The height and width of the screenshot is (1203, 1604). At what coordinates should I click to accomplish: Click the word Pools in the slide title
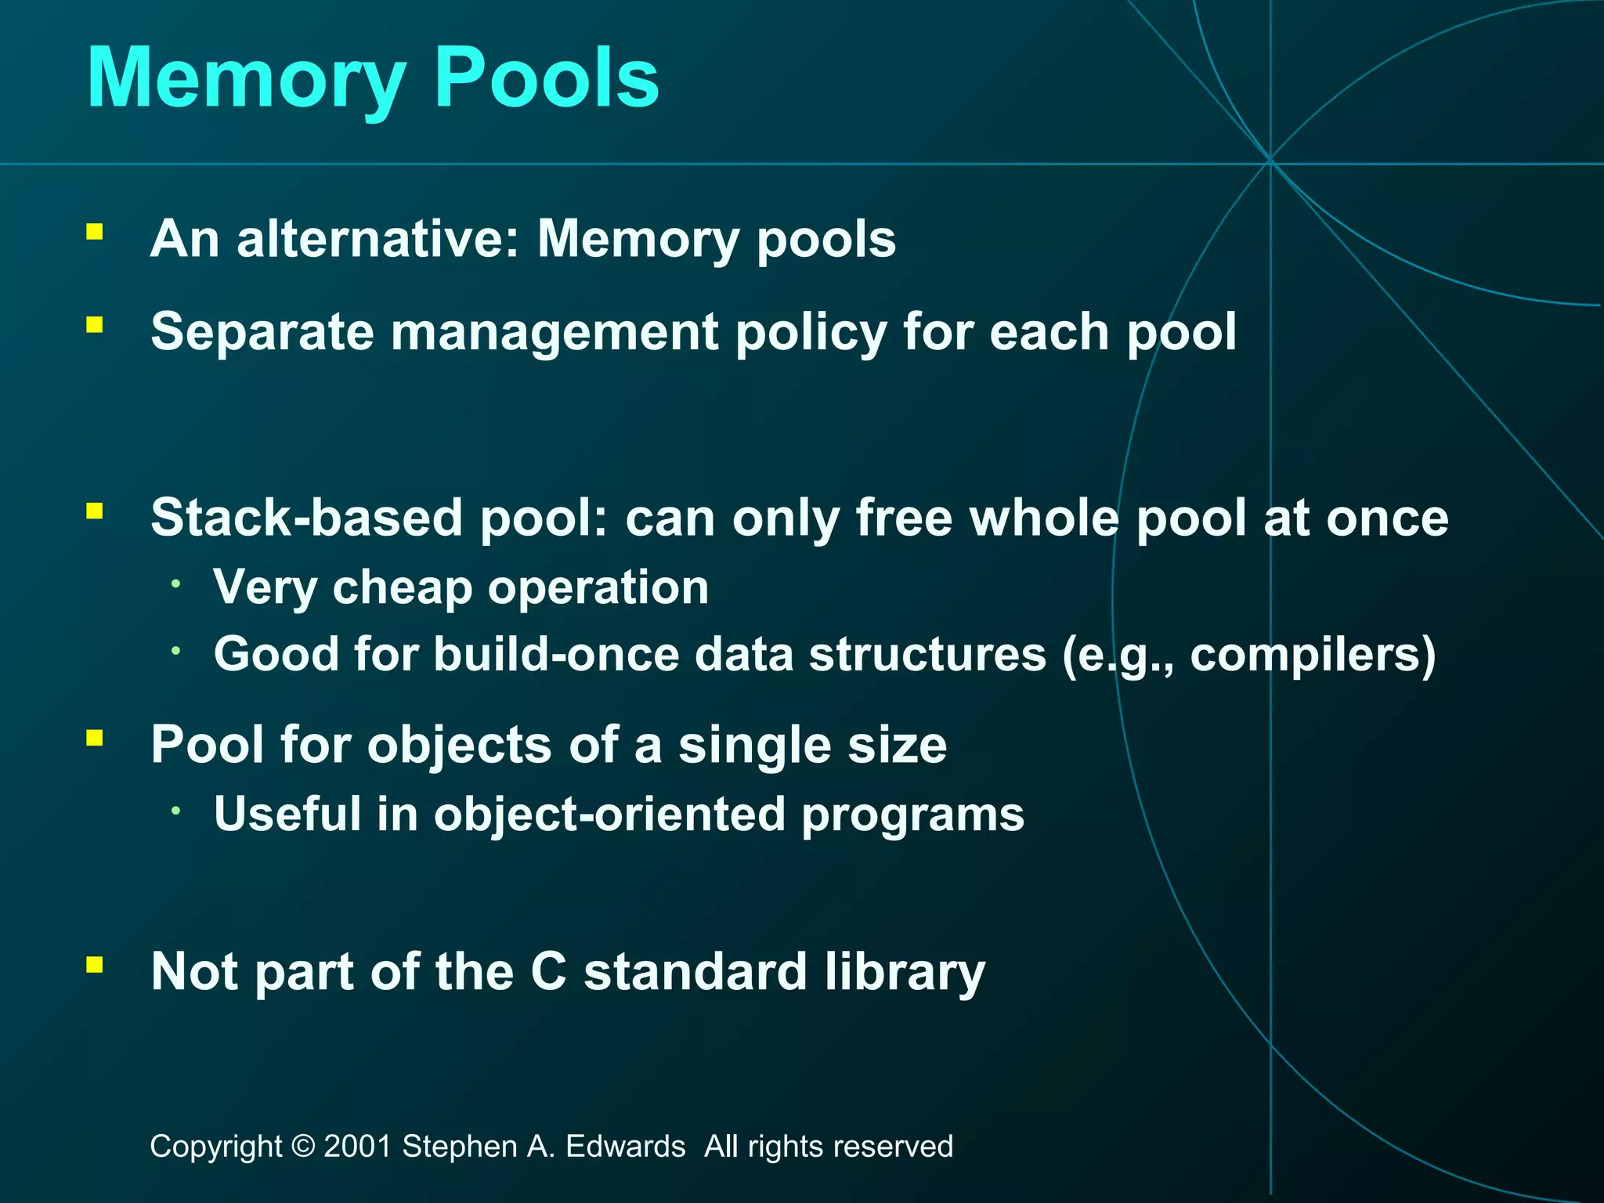pyautogui.click(x=546, y=78)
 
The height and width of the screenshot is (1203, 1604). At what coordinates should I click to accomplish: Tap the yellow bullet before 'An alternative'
pyautogui.click(x=95, y=232)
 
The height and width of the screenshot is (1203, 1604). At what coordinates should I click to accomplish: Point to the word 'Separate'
pyautogui.click(x=262, y=332)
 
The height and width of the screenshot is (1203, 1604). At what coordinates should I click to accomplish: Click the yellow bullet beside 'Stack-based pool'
pyautogui.click(x=95, y=512)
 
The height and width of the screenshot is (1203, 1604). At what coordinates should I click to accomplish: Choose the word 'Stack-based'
pyautogui.click(x=306, y=518)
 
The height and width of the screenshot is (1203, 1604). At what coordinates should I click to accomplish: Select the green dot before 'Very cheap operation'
pyautogui.click(x=177, y=583)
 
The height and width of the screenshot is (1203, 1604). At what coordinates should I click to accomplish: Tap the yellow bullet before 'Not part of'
pyautogui.click(x=95, y=964)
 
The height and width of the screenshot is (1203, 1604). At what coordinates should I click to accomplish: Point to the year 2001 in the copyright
pyautogui.click(x=357, y=1147)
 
